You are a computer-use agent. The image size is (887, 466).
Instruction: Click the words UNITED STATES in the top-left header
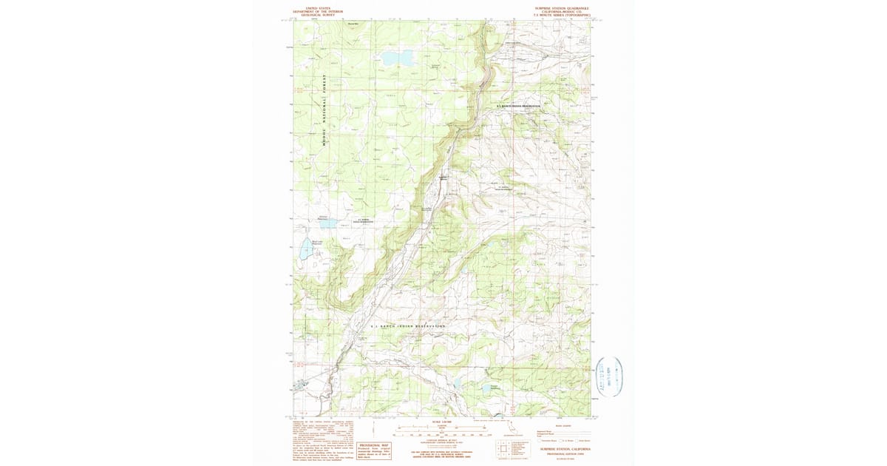click(318, 7)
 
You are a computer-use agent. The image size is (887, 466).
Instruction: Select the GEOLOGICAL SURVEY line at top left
click(318, 14)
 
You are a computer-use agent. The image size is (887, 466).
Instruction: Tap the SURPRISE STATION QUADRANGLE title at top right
click(563, 7)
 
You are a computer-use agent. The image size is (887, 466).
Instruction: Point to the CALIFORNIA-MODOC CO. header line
click(563, 11)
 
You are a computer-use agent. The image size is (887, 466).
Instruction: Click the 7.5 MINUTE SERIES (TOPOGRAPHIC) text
click(563, 15)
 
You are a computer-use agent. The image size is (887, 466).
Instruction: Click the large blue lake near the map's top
click(398, 58)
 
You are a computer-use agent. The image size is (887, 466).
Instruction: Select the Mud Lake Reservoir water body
click(305, 252)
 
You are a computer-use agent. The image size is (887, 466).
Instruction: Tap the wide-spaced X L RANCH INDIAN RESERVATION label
click(409, 326)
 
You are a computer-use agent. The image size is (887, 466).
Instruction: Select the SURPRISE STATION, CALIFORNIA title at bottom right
click(565, 449)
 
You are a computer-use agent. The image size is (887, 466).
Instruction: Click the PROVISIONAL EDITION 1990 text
click(565, 453)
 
